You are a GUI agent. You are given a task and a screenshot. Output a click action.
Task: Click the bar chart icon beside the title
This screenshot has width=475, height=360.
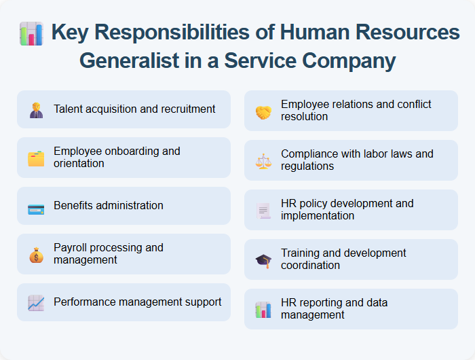click(32, 33)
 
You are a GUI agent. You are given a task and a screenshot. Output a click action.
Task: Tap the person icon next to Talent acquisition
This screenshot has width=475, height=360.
click(36, 109)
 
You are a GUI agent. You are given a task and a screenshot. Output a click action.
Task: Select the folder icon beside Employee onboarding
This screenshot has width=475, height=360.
click(36, 158)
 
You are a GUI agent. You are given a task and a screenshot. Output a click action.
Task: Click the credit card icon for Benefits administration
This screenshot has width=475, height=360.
click(36, 206)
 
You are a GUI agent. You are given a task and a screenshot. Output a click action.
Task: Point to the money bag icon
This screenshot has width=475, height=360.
click(36, 255)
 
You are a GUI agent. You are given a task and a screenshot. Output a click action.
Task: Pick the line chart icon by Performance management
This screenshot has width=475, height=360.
click(36, 302)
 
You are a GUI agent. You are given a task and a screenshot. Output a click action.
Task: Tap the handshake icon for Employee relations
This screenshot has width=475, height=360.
click(263, 111)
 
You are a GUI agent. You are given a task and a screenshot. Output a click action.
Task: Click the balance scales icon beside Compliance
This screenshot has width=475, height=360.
click(263, 161)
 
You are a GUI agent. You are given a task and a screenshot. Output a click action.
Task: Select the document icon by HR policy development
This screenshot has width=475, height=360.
click(263, 211)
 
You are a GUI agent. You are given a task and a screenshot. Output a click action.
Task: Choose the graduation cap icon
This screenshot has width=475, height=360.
click(263, 260)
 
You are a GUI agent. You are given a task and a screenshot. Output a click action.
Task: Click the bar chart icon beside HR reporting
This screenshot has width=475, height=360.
click(263, 310)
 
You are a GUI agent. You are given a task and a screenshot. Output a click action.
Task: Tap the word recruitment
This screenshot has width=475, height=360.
click(183, 109)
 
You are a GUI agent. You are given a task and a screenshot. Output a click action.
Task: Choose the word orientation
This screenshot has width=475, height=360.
click(79, 164)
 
